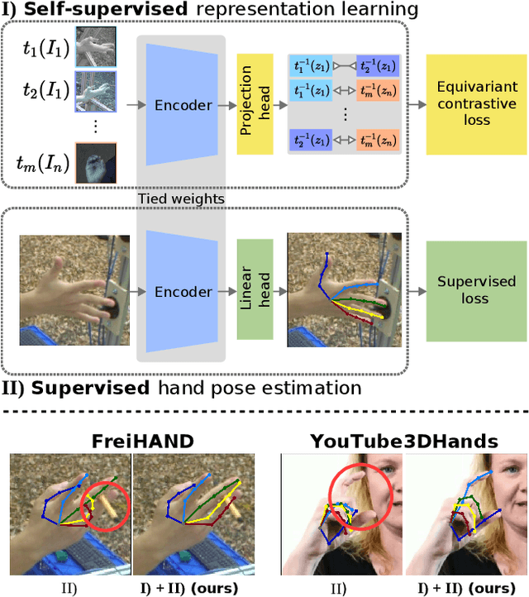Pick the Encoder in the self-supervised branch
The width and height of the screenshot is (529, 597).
182,105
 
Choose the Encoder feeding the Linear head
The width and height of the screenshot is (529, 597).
182,292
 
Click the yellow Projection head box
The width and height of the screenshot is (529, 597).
255,105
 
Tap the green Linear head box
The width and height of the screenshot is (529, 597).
255,290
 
